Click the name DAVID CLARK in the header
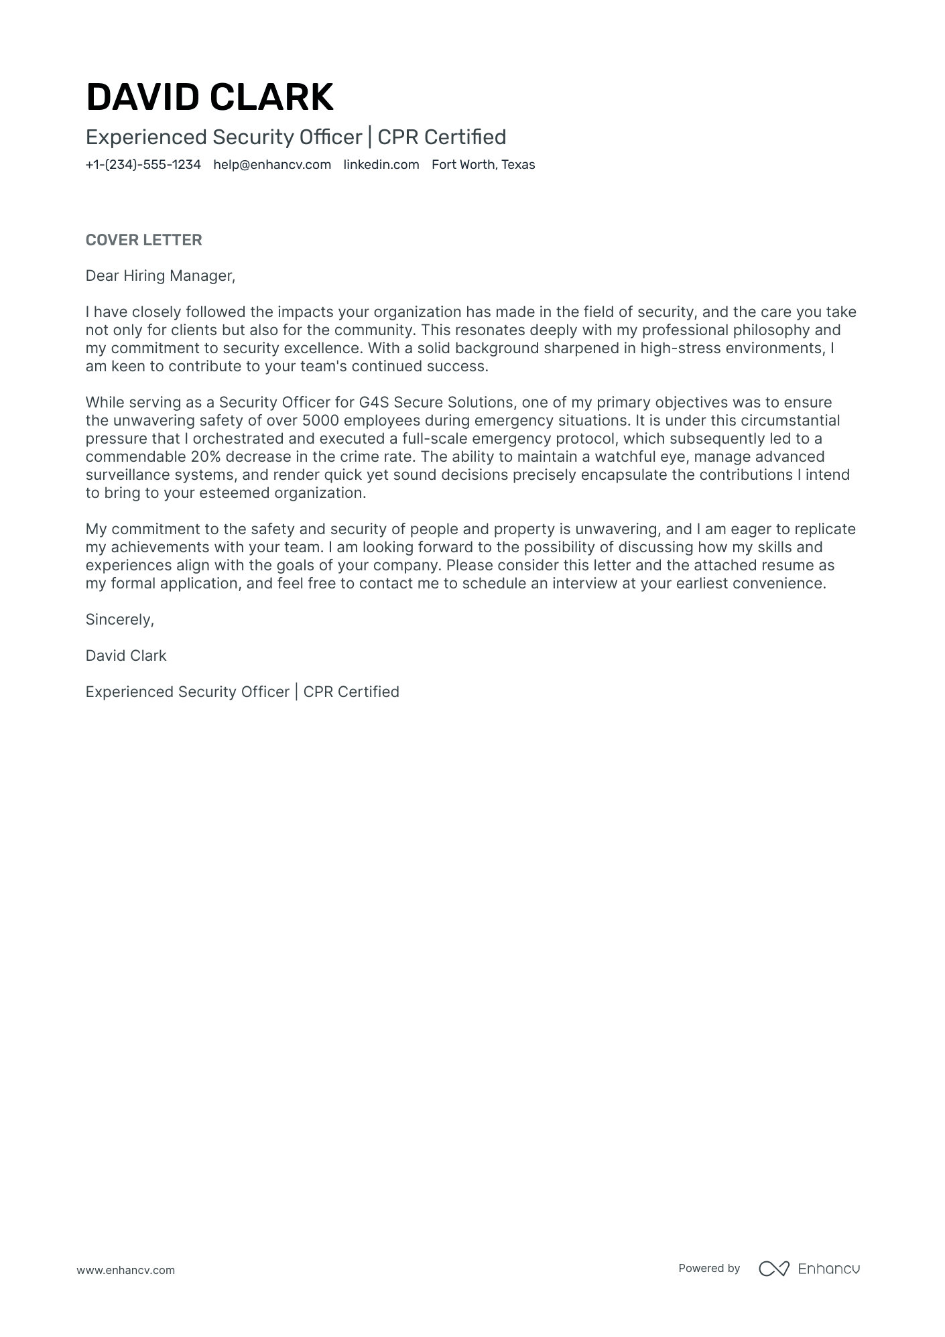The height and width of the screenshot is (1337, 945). click(209, 97)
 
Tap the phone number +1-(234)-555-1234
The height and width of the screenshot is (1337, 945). click(143, 165)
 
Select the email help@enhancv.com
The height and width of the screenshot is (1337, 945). click(272, 165)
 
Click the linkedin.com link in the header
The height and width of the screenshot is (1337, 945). click(381, 165)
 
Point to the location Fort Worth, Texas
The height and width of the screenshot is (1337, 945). click(483, 165)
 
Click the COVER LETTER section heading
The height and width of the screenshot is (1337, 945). click(143, 240)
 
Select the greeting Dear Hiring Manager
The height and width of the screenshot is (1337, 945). click(160, 275)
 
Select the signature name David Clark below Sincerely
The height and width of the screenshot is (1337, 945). click(126, 655)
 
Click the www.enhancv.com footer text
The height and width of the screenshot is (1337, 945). click(125, 1270)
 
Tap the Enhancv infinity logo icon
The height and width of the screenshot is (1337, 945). click(774, 1269)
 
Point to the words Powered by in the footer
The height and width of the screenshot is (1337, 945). click(708, 1268)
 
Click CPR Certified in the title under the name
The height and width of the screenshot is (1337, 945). click(442, 137)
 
